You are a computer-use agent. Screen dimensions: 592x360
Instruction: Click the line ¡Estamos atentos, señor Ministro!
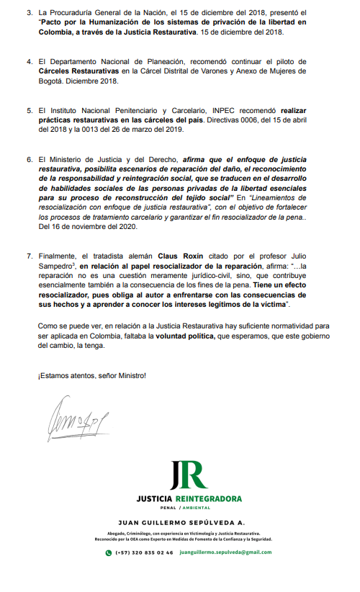coord(91,375)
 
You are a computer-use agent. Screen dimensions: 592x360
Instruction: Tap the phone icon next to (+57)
coord(109,552)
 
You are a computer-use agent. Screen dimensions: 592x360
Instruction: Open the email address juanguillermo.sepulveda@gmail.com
coord(225,552)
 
